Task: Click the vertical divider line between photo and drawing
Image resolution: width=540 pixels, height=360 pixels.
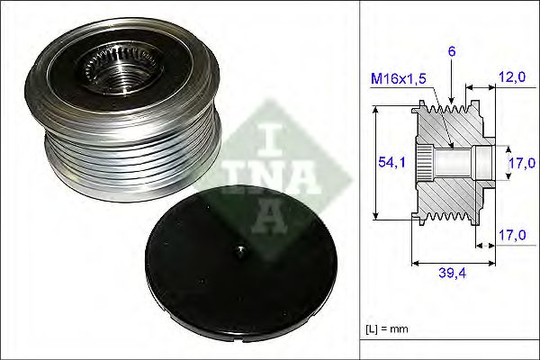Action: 360,180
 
